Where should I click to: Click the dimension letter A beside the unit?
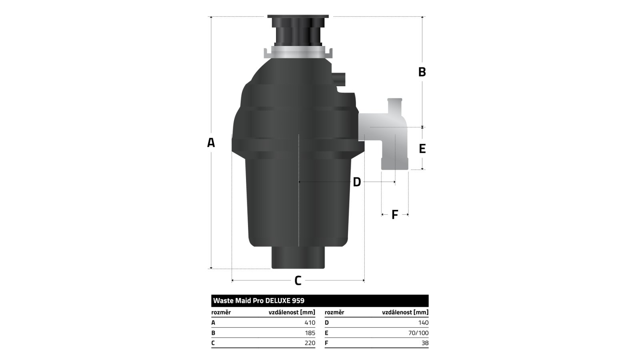(211, 142)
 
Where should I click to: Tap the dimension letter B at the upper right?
(422, 72)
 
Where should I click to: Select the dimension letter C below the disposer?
(298, 280)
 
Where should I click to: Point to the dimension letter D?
(357, 182)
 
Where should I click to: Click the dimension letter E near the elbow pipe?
(422, 148)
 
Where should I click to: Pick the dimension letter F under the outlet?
(394, 214)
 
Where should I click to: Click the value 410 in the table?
(310, 322)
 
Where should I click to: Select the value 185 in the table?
(310, 333)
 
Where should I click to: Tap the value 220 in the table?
(310, 343)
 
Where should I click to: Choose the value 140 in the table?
(424, 322)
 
